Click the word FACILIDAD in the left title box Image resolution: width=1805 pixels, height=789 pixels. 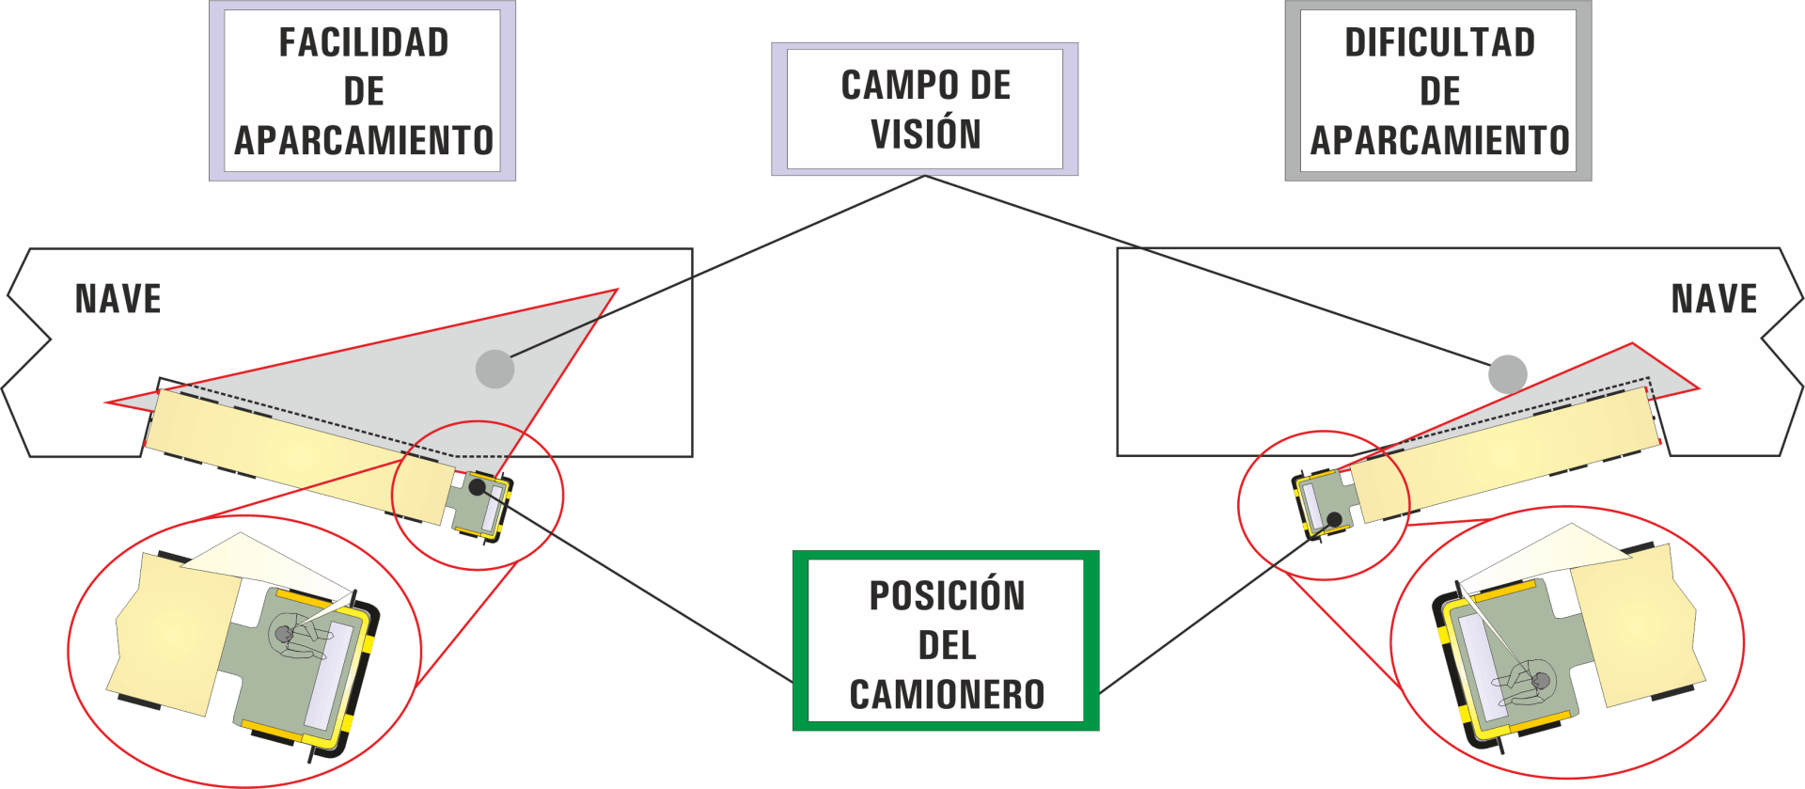[x=364, y=43]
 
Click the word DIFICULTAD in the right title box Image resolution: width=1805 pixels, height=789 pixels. [x=1439, y=43]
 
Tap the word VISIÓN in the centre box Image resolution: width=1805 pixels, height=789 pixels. [x=926, y=134]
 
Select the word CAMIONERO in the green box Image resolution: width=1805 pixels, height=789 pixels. [x=947, y=695]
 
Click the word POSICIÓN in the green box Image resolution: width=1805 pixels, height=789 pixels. [x=947, y=596]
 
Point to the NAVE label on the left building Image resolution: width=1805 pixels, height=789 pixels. [x=118, y=299]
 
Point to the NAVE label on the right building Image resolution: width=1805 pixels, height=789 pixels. [x=1714, y=299]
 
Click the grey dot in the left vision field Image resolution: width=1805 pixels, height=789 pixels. [x=494, y=369]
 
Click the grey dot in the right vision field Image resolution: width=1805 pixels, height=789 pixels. [x=1507, y=374]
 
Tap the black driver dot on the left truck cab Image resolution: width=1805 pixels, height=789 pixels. [x=477, y=487]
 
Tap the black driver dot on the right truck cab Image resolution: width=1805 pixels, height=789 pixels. [x=1334, y=519]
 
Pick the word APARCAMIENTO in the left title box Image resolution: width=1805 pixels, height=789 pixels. [x=364, y=141]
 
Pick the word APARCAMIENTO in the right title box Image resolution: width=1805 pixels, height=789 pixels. [x=1439, y=141]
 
